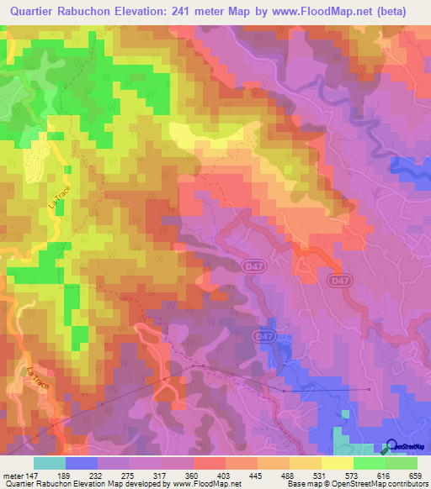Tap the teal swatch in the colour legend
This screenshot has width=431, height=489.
click(x=50, y=463)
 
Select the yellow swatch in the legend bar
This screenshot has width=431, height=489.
click(x=338, y=463)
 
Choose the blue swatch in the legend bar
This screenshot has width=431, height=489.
click(x=82, y=463)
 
